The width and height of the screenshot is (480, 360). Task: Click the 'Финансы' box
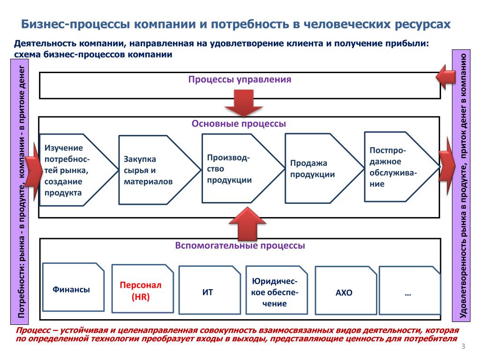pyautogui.click(x=74, y=287)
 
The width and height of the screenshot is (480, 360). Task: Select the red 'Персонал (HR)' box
pyautogui.click(x=142, y=289)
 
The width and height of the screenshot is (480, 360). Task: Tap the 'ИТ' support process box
pyautogui.click(x=210, y=290)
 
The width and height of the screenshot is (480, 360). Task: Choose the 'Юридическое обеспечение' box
pyautogui.click(x=277, y=290)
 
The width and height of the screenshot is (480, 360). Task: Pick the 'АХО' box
pyautogui.click(x=346, y=290)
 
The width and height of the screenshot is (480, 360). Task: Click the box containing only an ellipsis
pyautogui.click(x=410, y=290)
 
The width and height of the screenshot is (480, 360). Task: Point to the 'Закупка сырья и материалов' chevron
pyautogui.click(x=159, y=170)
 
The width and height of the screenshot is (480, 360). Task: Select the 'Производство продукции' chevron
pyautogui.click(x=243, y=168)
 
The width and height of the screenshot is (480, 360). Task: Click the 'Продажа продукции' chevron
pyautogui.click(x=324, y=168)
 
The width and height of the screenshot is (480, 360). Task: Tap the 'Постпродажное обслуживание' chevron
pyautogui.click(x=402, y=167)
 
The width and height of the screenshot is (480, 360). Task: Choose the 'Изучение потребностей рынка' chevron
pyautogui.click(x=79, y=170)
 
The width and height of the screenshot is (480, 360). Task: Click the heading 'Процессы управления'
pyautogui.click(x=240, y=79)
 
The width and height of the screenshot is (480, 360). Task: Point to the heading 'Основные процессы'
pyautogui.click(x=239, y=124)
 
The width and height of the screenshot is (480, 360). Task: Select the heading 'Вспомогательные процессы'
pyautogui.click(x=240, y=246)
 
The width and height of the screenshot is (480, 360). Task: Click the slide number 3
pyautogui.click(x=463, y=346)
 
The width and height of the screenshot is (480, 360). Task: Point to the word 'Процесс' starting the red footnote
pyautogui.click(x=33, y=330)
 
